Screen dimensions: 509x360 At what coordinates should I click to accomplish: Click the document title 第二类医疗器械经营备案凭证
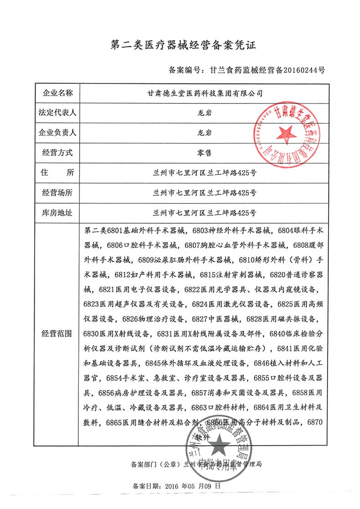tap(180, 45)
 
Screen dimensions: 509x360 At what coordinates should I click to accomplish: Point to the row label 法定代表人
tap(57, 113)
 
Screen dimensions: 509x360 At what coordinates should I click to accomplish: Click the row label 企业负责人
tap(57, 133)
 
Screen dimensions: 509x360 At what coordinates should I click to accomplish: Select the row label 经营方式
tap(57, 153)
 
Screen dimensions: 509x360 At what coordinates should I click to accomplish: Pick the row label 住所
tap(57, 173)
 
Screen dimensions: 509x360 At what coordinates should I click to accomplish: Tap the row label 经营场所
tap(57, 192)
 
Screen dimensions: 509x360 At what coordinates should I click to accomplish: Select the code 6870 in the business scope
tap(315, 423)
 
